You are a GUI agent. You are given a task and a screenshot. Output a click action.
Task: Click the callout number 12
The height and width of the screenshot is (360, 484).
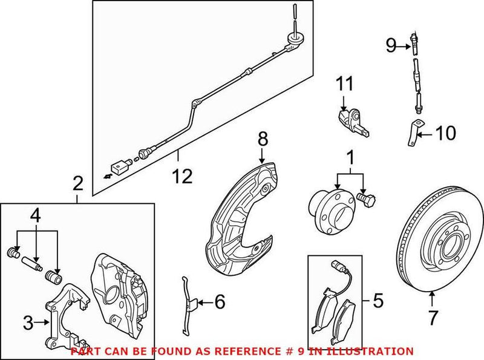tap(181, 176)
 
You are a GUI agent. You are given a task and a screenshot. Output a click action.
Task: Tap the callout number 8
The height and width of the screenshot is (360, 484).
tap(262, 140)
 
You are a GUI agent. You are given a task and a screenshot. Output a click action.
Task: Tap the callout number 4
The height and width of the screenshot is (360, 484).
tap(37, 215)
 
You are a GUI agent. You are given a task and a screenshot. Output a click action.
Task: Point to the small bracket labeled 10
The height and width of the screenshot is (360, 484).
tap(412, 133)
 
